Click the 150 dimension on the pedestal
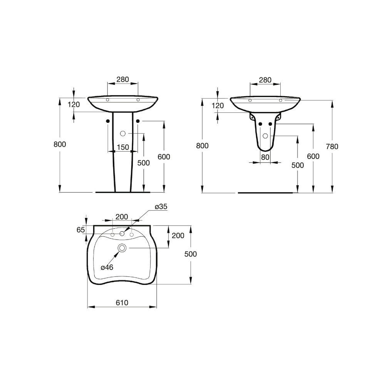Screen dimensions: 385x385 [122, 147]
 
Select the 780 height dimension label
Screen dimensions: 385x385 [331, 146]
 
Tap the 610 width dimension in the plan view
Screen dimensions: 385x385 [122, 303]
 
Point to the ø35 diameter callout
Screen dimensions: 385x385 [161, 207]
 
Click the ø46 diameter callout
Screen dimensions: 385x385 [107, 267]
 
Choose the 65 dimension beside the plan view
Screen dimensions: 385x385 [80, 230]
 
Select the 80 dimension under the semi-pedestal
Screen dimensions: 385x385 [265, 157]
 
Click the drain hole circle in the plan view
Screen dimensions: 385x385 [122, 248]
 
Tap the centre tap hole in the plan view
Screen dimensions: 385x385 [122, 233]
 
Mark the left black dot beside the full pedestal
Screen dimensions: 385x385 [107, 121]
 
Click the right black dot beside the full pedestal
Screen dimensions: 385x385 [138, 121]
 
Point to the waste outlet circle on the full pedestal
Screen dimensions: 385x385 [123, 134]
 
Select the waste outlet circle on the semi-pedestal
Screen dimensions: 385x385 [265, 136]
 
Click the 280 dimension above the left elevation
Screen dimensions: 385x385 [122, 80]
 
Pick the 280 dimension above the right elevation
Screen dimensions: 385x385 [265, 80]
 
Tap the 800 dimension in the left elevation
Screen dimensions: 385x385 [60, 144]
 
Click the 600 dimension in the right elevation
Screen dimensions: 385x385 [313, 156]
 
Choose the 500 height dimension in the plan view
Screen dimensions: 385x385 [190, 254]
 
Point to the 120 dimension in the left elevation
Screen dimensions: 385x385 [74, 105]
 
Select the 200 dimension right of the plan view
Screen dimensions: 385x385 [177, 236]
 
